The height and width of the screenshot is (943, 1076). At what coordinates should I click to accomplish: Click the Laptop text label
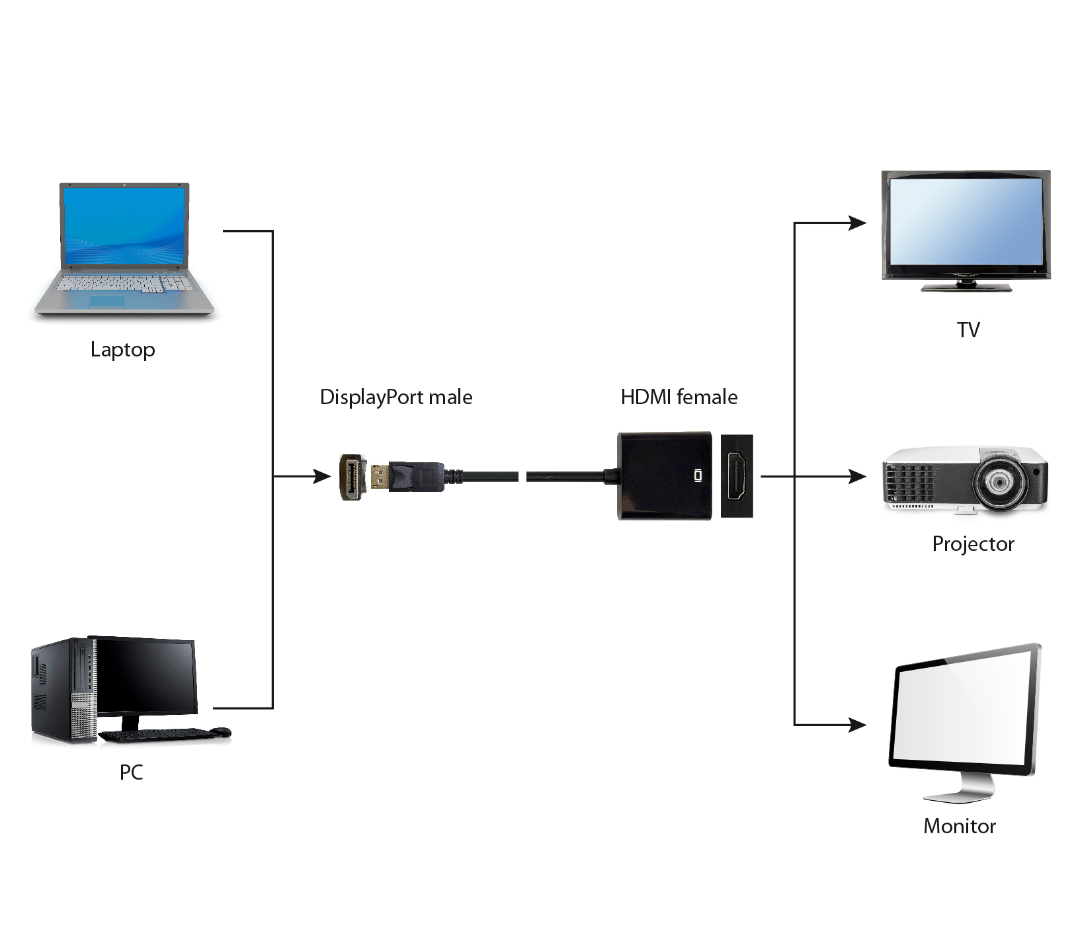click(122, 349)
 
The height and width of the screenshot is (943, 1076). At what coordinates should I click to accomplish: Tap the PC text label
click(131, 772)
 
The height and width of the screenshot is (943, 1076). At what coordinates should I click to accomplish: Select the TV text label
click(968, 329)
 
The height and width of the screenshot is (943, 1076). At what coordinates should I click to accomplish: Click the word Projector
click(972, 544)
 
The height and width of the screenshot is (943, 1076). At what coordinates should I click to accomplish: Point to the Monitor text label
click(959, 826)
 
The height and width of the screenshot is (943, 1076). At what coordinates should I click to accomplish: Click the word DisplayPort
click(372, 397)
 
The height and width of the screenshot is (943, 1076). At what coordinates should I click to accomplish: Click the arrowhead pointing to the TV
click(858, 224)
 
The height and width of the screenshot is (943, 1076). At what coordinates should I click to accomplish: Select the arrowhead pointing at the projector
click(858, 476)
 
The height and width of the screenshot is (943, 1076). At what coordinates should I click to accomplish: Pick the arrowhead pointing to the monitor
click(858, 725)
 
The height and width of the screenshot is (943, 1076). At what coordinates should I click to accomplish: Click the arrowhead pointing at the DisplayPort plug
click(322, 476)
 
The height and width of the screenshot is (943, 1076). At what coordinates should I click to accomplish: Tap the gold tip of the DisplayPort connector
click(379, 477)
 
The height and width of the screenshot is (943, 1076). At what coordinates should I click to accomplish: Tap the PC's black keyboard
click(155, 734)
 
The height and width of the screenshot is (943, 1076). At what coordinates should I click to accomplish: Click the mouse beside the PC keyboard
click(221, 731)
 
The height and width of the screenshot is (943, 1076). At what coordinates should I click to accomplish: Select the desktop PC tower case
click(63, 691)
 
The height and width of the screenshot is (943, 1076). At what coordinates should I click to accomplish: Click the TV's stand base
click(967, 287)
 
